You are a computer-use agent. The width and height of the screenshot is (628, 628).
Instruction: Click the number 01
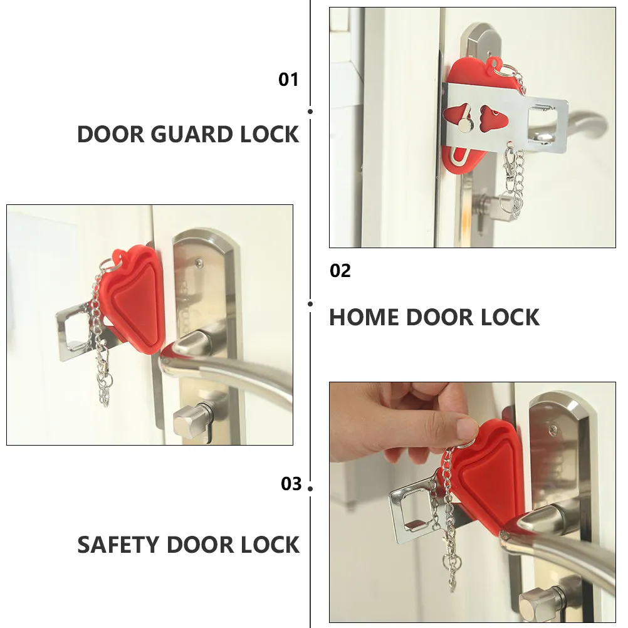coord(288,80)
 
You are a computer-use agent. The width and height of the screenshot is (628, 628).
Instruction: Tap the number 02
coord(340,271)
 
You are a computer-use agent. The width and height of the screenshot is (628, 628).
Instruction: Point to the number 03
coord(291,484)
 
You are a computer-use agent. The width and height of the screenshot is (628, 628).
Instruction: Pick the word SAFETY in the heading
coord(118,545)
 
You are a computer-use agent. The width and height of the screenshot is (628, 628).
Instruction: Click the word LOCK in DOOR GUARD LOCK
coord(270,134)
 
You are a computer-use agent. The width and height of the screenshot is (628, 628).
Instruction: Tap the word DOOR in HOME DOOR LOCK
coord(440,317)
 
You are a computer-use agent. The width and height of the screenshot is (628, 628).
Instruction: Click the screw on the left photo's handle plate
coord(197,263)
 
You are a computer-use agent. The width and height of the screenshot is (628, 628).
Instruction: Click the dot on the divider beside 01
coord(310,112)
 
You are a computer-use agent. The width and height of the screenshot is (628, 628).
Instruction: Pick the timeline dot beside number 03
coord(310,489)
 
